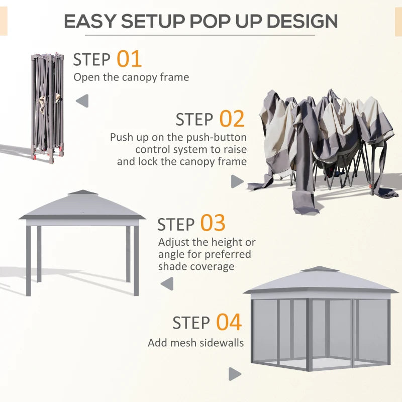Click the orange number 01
click(x=129, y=59)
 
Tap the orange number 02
click(x=232, y=119)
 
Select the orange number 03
click(x=213, y=224)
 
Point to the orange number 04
click(x=229, y=322)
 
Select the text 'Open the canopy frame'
click(x=131, y=77)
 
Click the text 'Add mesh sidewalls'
click(x=195, y=343)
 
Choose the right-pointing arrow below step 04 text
click(x=235, y=374)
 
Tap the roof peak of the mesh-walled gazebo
click(x=319, y=269)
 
